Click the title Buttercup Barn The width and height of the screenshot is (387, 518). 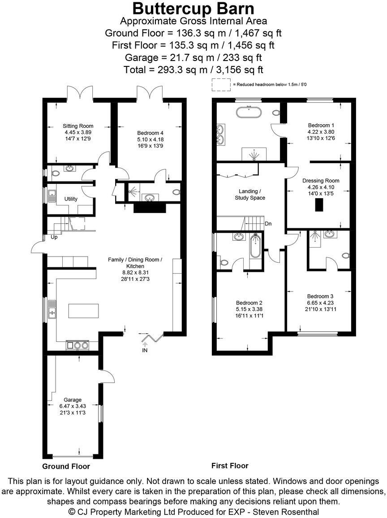coord(193,9)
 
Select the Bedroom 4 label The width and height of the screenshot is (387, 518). coord(148,133)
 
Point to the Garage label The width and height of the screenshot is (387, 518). coord(72,400)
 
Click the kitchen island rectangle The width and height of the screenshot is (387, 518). coord(83,310)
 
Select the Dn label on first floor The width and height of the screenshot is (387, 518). coord(268,223)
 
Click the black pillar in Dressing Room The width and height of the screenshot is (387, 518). coord(318,205)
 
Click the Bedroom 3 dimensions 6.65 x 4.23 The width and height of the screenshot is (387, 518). coord(320,303)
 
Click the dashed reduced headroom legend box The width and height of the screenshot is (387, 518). coord(220,84)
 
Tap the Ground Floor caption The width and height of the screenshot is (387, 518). coord(66,466)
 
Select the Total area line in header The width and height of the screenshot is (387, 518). coord(193,70)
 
